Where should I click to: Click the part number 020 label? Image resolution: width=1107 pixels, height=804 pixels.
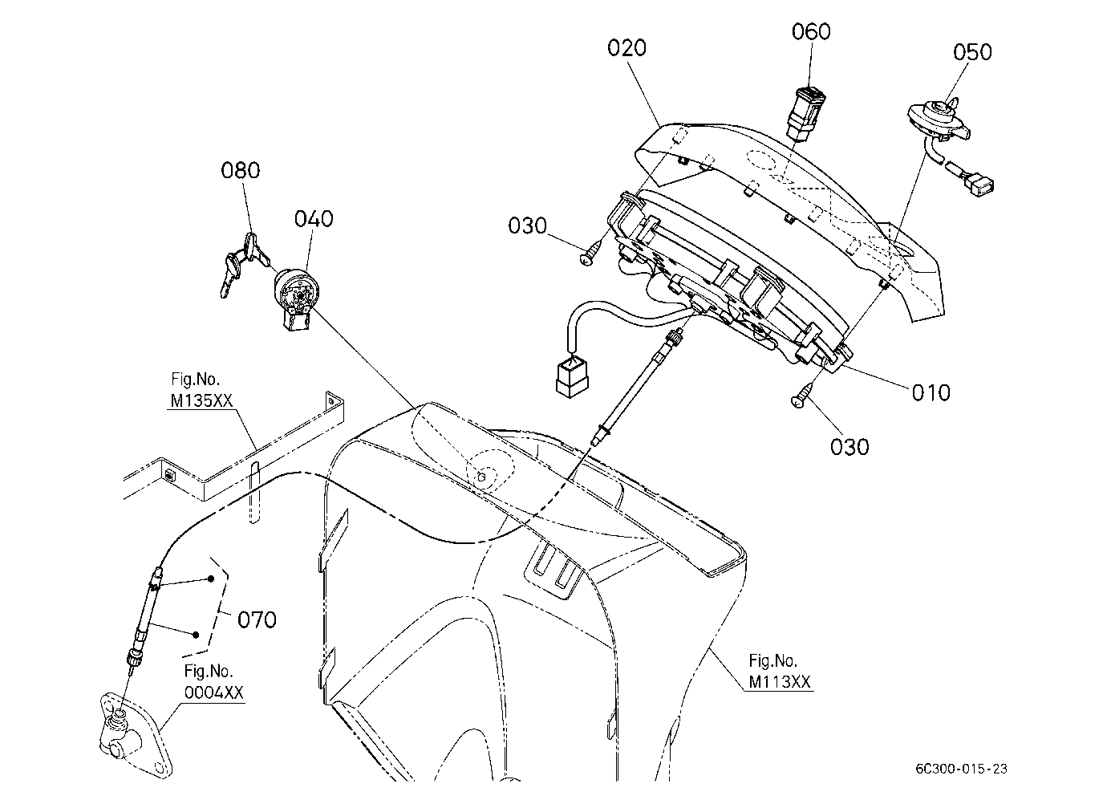click(626, 48)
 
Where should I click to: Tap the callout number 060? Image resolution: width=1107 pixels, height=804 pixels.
click(811, 31)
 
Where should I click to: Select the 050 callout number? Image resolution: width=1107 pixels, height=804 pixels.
click(972, 52)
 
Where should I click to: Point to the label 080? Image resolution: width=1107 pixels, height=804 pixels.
click(240, 171)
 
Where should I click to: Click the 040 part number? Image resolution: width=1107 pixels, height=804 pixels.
click(314, 218)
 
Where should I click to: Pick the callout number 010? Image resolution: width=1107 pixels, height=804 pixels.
click(931, 392)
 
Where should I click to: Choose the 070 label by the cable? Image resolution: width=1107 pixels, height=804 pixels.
click(257, 619)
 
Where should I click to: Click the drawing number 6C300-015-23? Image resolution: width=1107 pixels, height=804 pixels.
click(961, 769)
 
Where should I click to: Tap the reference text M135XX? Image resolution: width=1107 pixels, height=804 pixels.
click(201, 400)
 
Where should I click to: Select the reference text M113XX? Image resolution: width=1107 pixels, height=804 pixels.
click(780, 682)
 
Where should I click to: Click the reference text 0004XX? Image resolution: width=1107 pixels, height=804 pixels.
click(214, 692)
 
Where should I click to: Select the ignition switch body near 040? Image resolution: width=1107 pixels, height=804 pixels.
click(295, 298)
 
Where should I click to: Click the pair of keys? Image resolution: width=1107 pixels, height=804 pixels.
click(243, 265)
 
